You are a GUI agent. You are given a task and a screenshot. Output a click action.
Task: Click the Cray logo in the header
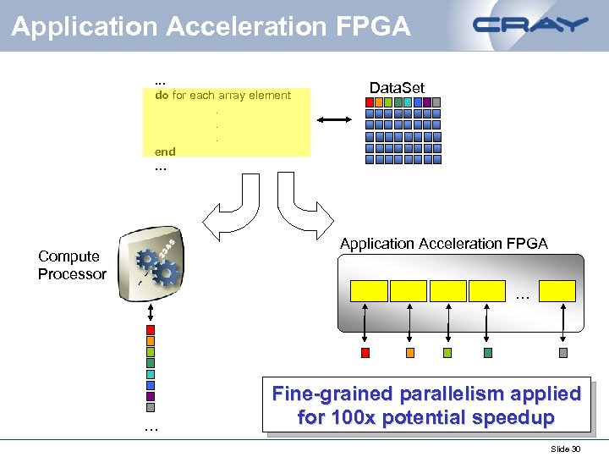click(x=530, y=25)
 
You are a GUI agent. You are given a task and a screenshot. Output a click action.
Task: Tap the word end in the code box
click(x=165, y=151)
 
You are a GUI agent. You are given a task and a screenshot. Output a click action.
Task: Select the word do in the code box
click(x=161, y=96)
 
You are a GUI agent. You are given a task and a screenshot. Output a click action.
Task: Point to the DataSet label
click(x=397, y=88)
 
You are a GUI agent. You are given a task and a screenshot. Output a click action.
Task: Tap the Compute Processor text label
click(x=72, y=265)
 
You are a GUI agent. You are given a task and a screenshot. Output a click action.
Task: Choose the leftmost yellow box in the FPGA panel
click(x=369, y=291)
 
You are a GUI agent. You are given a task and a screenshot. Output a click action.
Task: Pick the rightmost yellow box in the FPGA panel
click(x=557, y=291)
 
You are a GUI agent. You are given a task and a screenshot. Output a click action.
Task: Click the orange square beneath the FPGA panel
click(x=410, y=353)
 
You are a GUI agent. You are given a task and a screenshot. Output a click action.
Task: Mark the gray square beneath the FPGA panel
click(x=563, y=353)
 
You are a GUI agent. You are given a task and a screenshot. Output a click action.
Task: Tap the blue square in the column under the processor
click(x=151, y=384)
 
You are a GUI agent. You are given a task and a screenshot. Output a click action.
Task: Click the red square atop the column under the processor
click(x=151, y=329)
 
